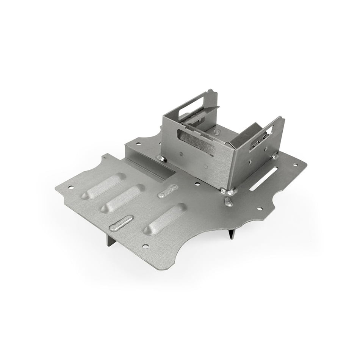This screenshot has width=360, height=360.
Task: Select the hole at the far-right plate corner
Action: click(x=295, y=164)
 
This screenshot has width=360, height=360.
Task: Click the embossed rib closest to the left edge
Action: click(x=103, y=187)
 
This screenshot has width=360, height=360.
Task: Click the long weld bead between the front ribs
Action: click(x=121, y=223)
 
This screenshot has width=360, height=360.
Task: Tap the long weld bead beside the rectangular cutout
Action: click(x=167, y=191)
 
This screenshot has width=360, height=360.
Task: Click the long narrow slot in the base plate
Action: click(x=264, y=179)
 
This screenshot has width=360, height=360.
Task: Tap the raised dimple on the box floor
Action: click(x=216, y=131)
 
